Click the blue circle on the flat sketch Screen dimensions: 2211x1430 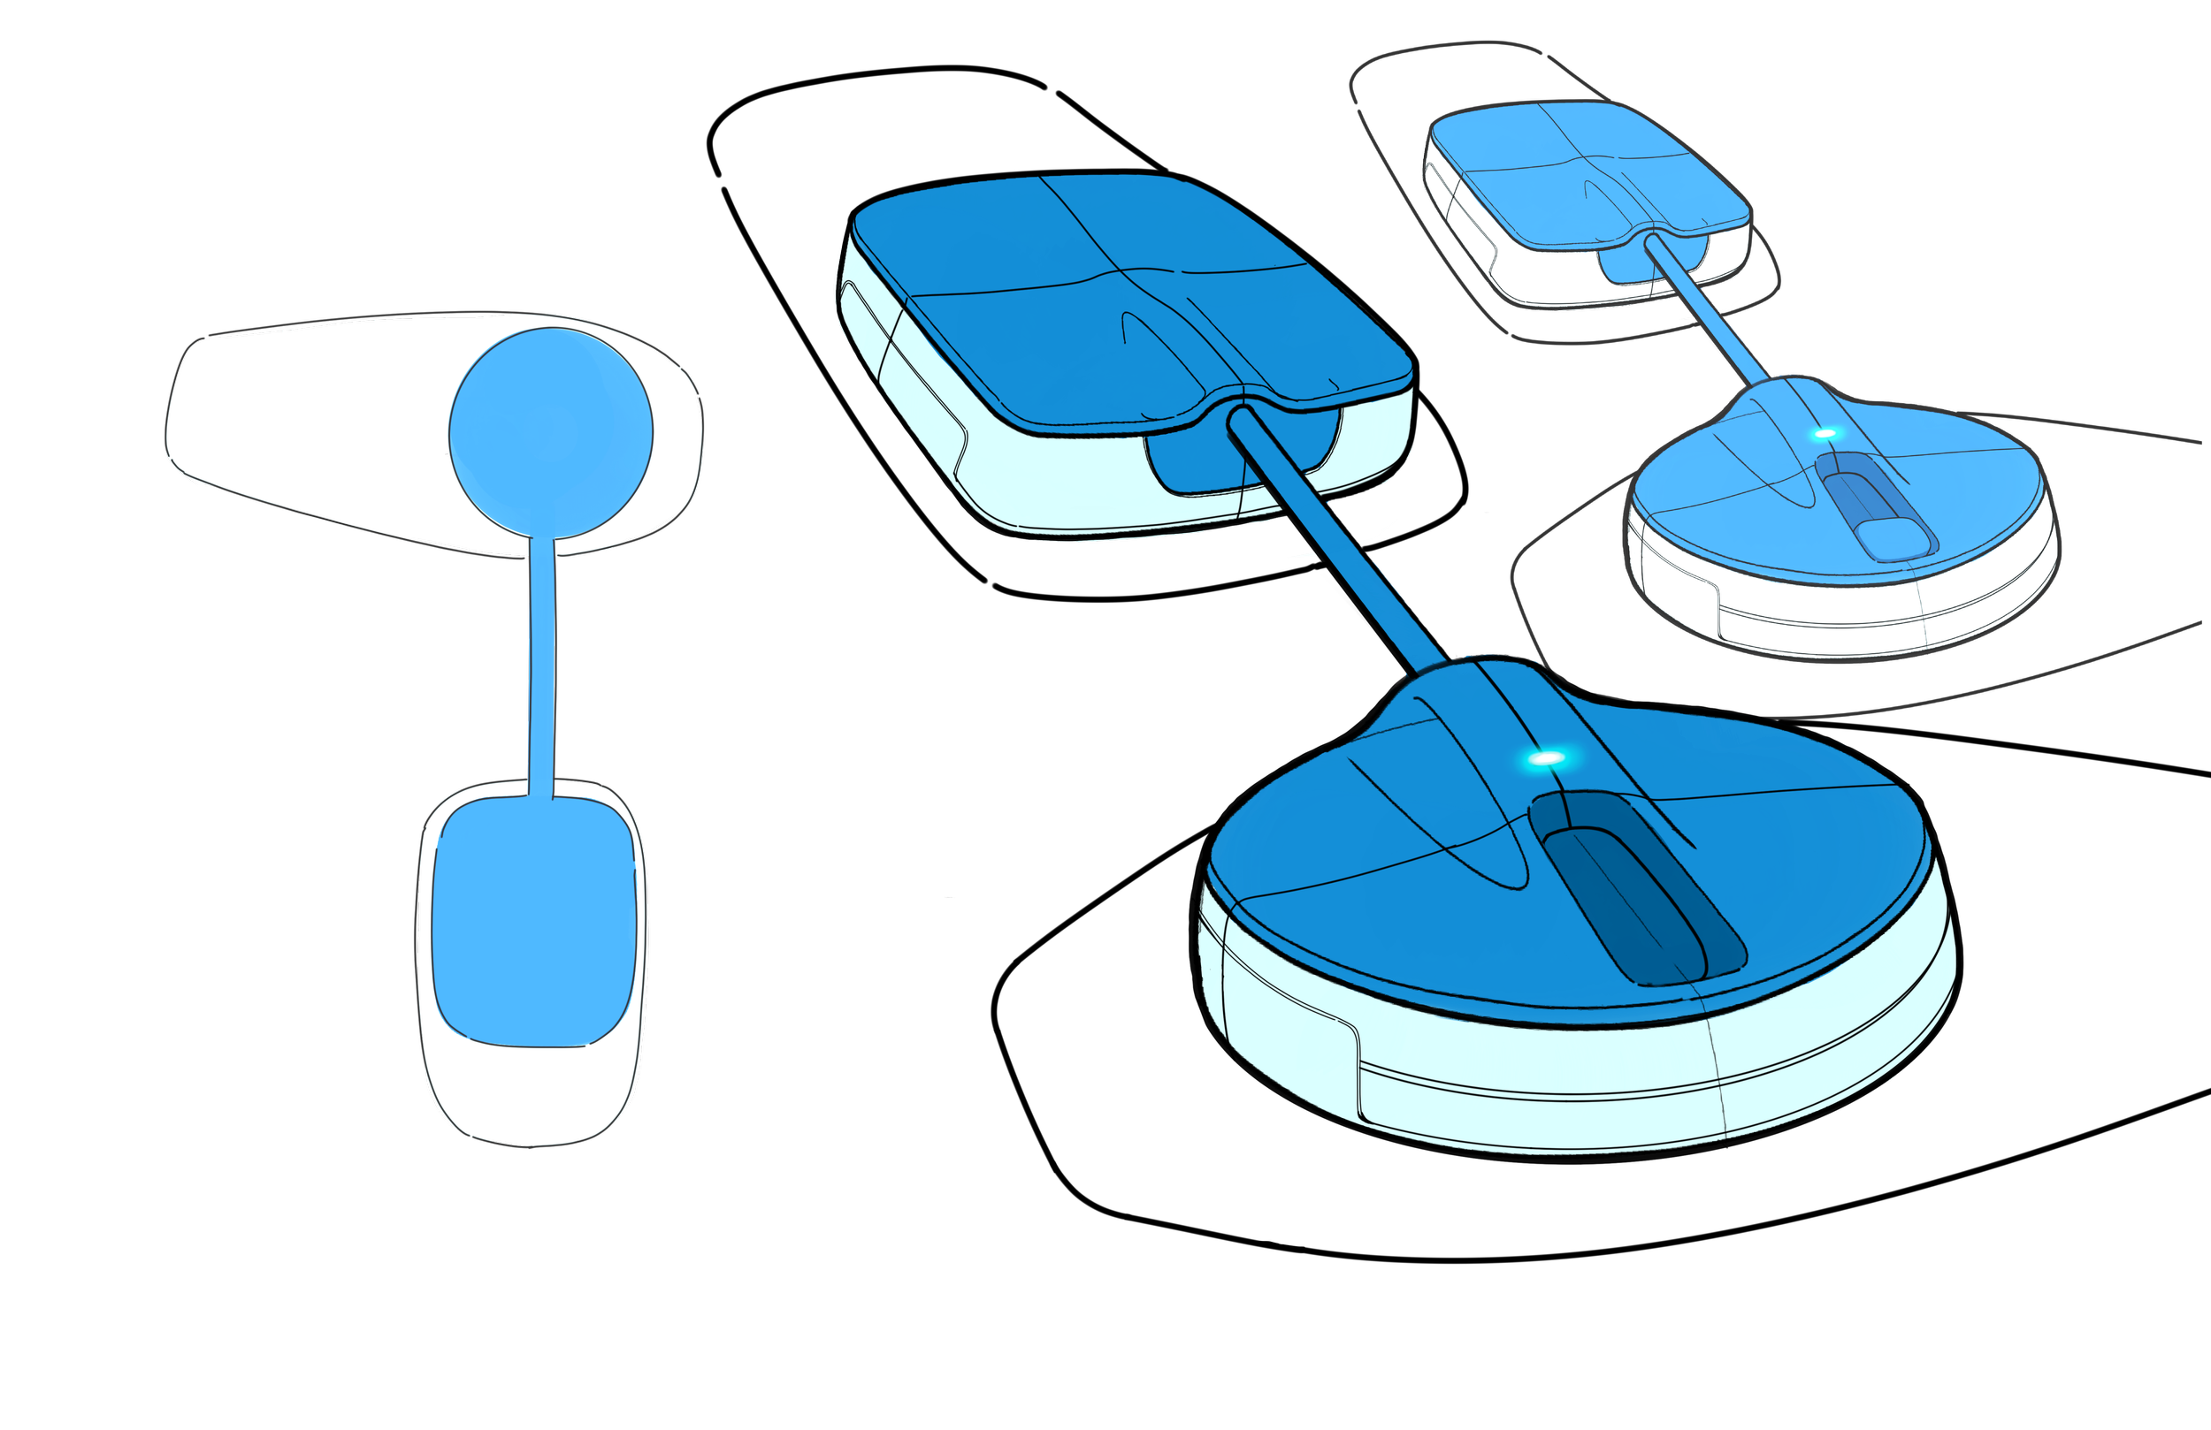[551, 433]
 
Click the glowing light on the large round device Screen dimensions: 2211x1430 [1546, 758]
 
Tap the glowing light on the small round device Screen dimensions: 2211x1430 [1825, 434]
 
